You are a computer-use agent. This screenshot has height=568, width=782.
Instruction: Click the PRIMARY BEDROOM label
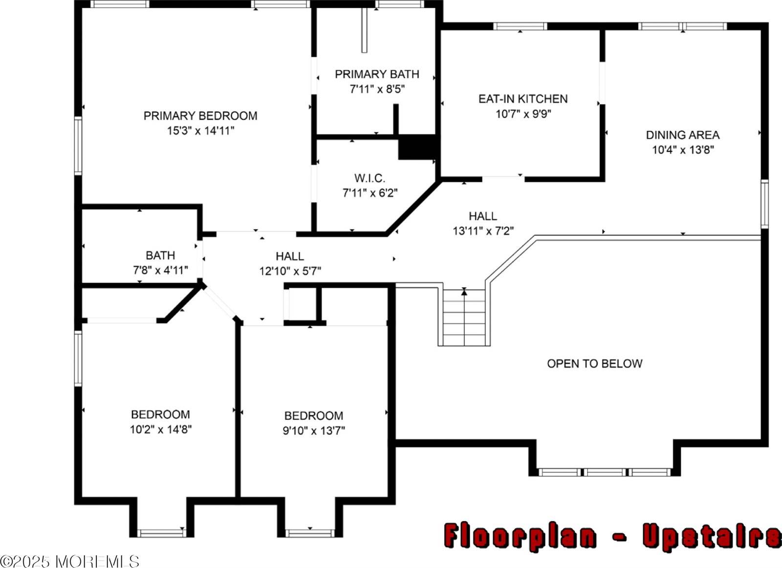pyautogui.click(x=200, y=116)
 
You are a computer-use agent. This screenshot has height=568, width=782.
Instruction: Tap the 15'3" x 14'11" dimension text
pyautogui.click(x=200, y=131)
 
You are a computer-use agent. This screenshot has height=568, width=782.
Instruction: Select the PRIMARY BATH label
pyautogui.click(x=377, y=74)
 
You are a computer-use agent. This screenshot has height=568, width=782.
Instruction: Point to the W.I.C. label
pyautogui.click(x=369, y=178)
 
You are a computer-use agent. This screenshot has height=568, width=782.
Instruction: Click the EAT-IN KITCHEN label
pyautogui.click(x=523, y=99)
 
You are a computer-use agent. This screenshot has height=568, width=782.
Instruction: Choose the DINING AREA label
pyautogui.click(x=682, y=135)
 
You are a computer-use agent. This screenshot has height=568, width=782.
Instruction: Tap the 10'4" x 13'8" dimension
pyautogui.click(x=683, y=150)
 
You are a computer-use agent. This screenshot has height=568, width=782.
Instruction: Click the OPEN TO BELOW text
pyautogui.click(x=594, y=363)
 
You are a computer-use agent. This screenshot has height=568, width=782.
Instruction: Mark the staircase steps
pyautogui.click(x=464, y=317)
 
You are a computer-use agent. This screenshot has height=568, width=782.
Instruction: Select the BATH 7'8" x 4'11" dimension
pyautogui.click(x=160, y=270)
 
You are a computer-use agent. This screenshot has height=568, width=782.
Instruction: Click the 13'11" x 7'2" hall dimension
pyautogui.click(x=483, y=231)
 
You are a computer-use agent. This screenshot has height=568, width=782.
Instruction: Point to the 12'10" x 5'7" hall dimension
pyautogui.click(x=290, y=271)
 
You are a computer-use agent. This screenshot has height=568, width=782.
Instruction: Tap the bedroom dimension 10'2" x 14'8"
pyautogui.click(x=160, y=430)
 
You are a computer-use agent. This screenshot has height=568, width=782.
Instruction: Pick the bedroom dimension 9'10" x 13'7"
pyautogui.click(x=314, y=431)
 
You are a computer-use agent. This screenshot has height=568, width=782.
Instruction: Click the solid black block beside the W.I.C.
pyautogui.click(x=417, y=147)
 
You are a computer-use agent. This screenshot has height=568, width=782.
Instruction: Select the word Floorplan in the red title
pyautogui.click(x=520, y=536)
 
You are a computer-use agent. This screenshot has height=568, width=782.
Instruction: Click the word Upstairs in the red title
pyautogui.click(x=711, y=536)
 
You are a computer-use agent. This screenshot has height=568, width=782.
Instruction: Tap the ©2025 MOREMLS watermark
pyautogui.click(x=70, y=561)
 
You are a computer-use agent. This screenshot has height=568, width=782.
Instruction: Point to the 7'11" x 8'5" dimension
pyautogui.click(x=377, y=89)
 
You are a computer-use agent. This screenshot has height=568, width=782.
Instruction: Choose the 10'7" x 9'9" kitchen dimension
pyautogui.click(x=523, y=114)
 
